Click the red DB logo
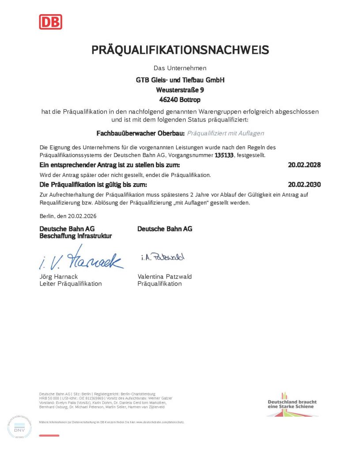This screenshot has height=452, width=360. point(50,22)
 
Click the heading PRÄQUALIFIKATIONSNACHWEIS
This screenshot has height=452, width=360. point(180,50)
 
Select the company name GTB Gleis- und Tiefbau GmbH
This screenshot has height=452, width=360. point(180,80)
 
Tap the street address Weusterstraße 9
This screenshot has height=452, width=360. point(180,90)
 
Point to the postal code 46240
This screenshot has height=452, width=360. point(168,99)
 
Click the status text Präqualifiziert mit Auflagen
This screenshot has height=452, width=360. point(225,132)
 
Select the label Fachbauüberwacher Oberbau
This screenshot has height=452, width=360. point(140,132)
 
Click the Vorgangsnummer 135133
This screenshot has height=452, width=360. point(224,155)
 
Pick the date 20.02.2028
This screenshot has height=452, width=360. point(304,165)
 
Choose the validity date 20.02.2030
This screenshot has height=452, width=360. point(304,184)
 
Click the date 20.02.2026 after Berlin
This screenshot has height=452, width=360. point(81,216)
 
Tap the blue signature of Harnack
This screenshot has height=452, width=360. point(81,260)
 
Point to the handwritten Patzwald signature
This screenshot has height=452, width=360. point(163,257)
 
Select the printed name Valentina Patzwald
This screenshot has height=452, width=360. point(164,277)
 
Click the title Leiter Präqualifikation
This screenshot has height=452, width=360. point(71,284)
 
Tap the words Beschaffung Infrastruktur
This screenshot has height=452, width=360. point(76,236)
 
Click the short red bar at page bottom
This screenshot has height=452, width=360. point(49,436)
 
